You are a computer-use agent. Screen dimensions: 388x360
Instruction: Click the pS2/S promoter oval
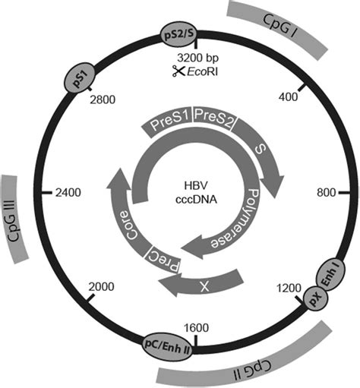pos(180,35)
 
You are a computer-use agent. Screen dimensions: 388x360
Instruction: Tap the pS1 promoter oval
pos(80,77)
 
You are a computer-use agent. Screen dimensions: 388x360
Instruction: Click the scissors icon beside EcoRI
pos(177,71)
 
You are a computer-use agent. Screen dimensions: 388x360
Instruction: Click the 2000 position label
pos(101,285)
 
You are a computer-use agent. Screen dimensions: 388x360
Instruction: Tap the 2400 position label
pos(70,193)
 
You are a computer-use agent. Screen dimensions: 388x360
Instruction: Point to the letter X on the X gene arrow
pos(204,285)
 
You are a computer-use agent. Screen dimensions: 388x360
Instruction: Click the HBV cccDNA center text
pos(182,194)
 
